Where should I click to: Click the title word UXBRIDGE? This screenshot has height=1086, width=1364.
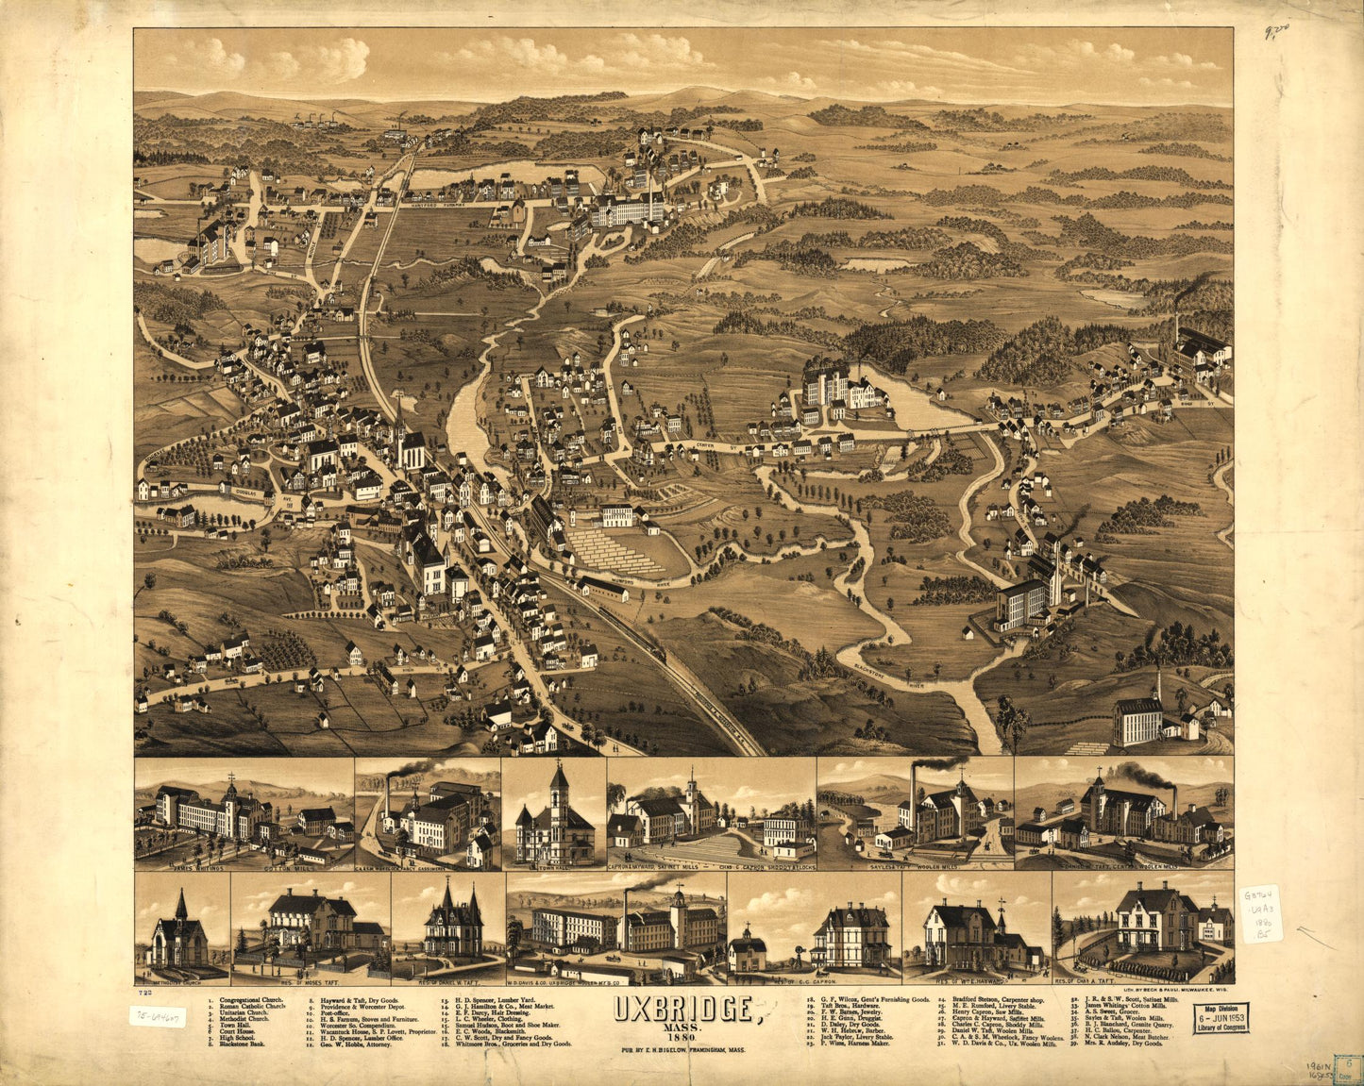(683, 1010)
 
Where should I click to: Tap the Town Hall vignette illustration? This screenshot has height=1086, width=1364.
(554, 817)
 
